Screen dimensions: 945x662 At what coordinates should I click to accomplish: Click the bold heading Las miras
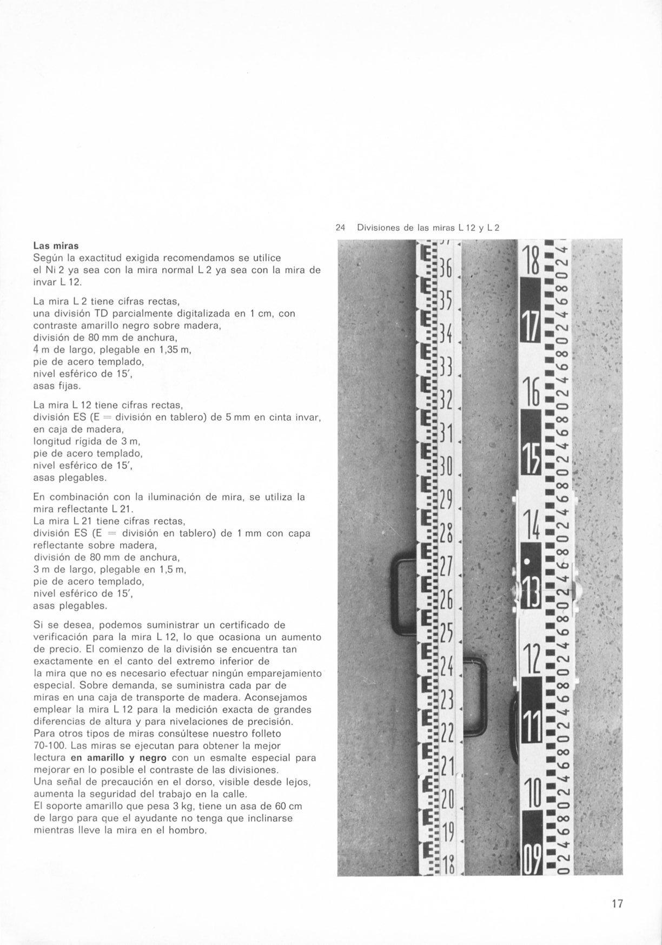(x=56, y=246)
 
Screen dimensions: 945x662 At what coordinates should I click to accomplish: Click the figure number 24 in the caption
(x=340, y=228)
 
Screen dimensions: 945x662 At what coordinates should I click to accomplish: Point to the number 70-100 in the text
(x=50, y=746)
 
